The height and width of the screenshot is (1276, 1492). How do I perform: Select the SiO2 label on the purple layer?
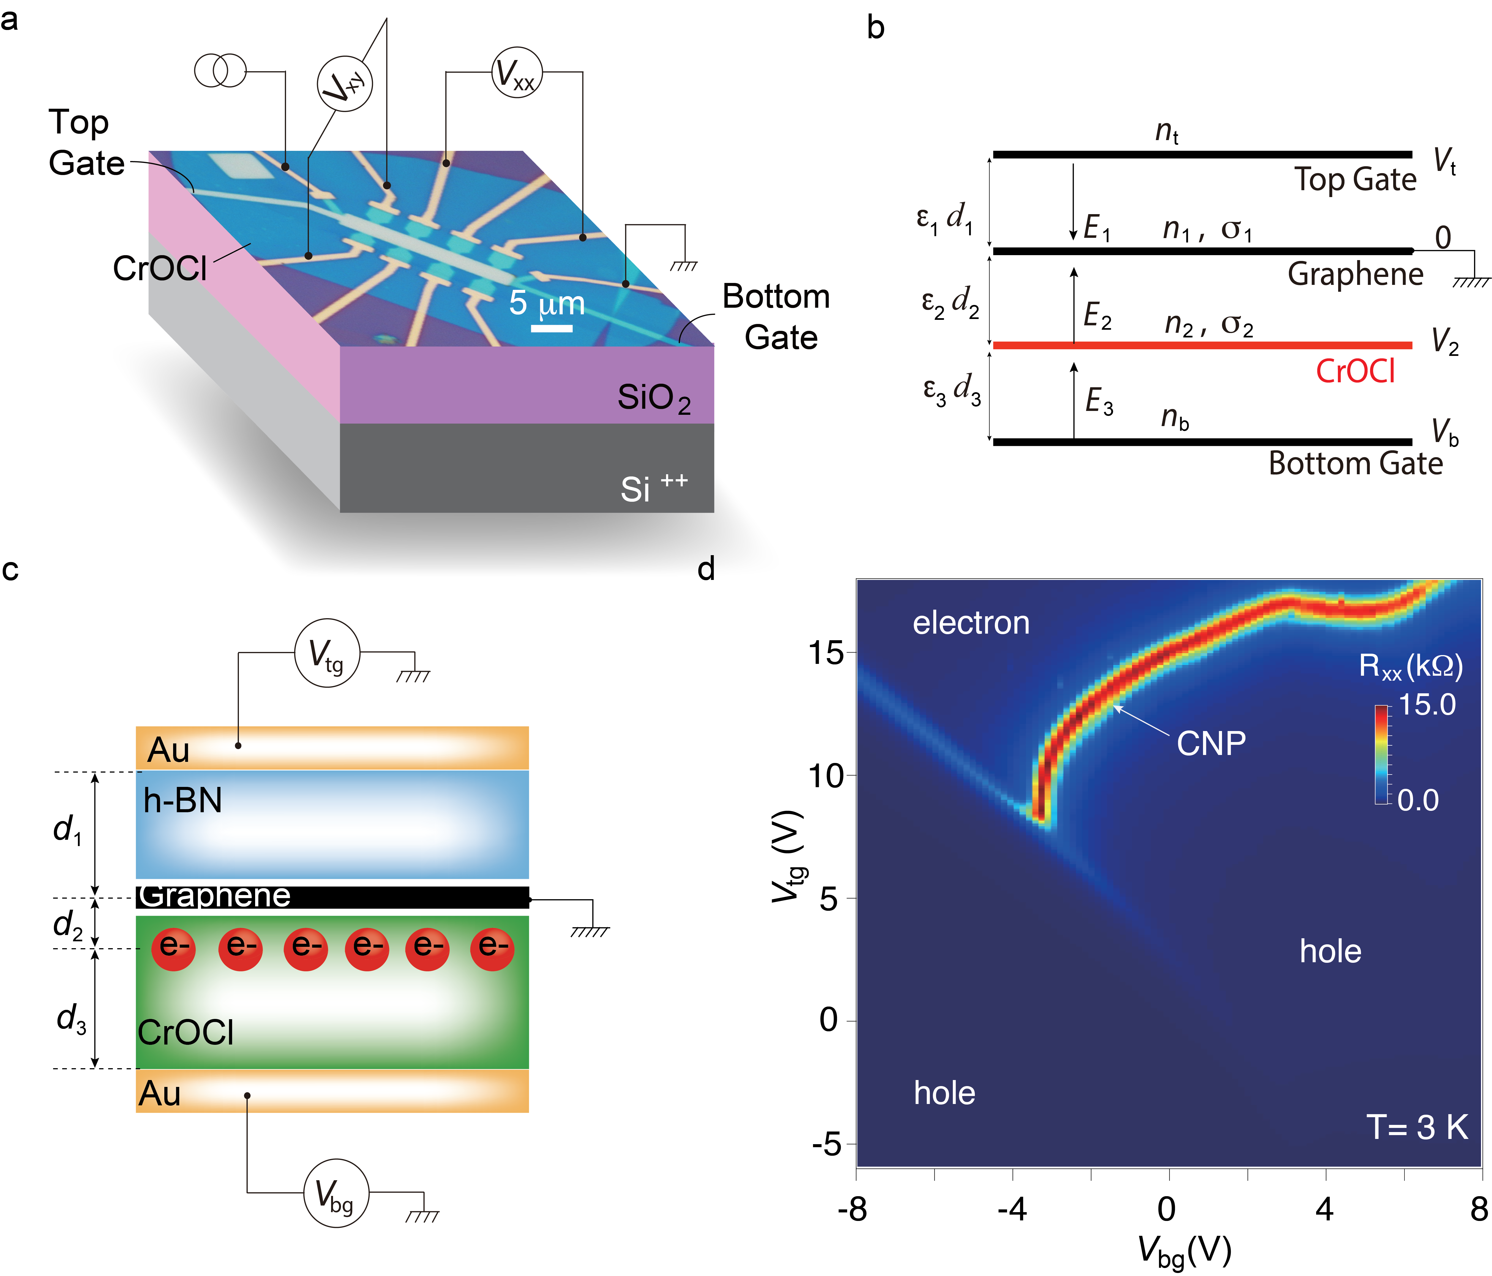(653, 398)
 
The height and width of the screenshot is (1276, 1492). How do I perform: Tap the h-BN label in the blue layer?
(182, 800)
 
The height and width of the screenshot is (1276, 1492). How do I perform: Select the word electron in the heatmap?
(971, 623)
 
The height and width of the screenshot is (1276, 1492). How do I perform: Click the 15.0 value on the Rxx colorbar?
(1426, 704)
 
